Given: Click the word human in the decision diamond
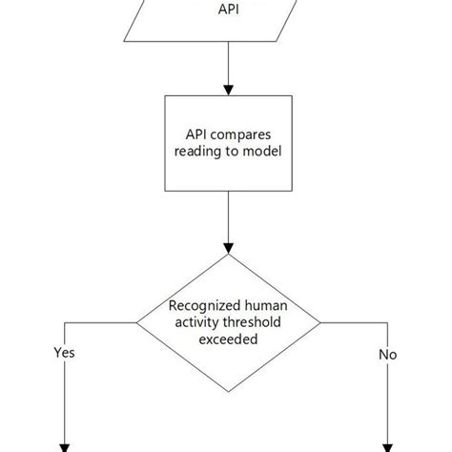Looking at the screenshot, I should (x=262, y=306).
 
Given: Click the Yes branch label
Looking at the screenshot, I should (x=64, y=352).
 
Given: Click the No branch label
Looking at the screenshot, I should (x=387, y=354).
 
